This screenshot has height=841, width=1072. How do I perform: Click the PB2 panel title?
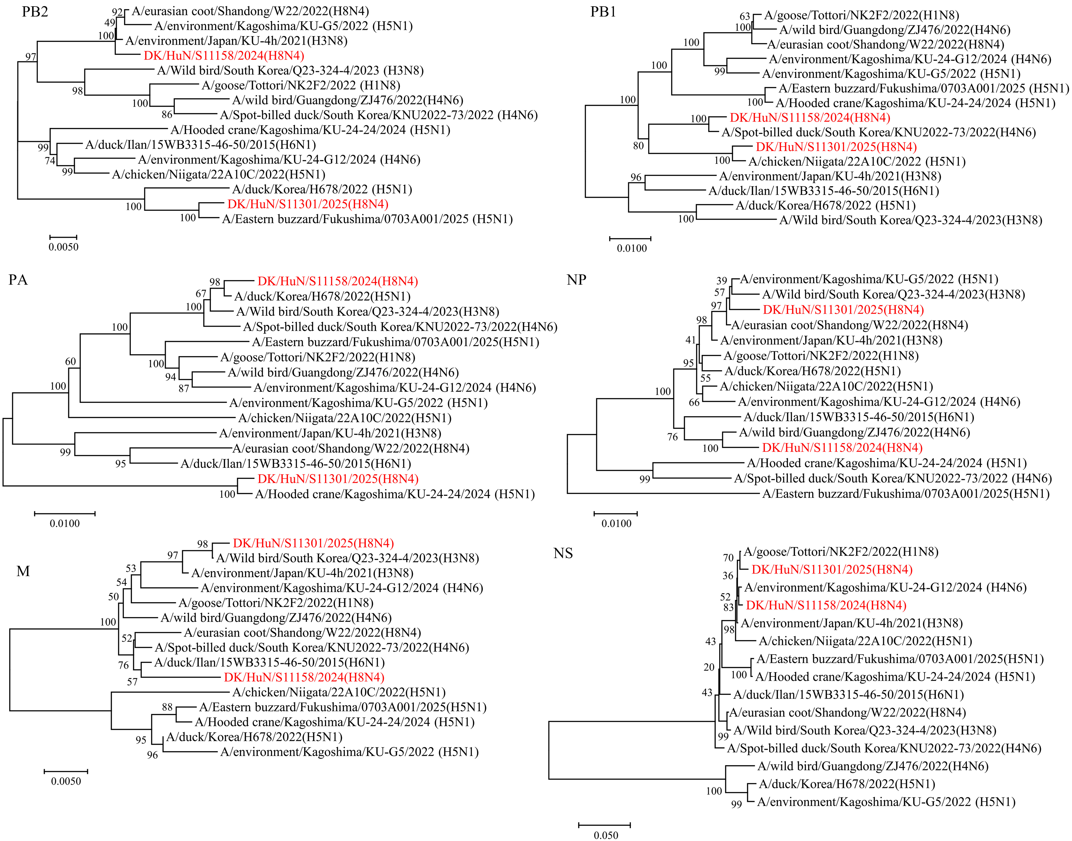[35, 12]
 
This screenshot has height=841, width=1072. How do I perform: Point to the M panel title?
[23, 571]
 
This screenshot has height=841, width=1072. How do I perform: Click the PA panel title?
[18, 280]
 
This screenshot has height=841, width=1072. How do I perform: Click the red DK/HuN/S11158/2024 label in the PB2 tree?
[224, 56]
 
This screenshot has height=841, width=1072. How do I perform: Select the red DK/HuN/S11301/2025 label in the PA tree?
[338, 479]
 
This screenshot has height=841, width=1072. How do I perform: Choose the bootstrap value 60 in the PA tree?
[71, 361]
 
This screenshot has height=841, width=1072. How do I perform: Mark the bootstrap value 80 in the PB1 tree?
[638, 146]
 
